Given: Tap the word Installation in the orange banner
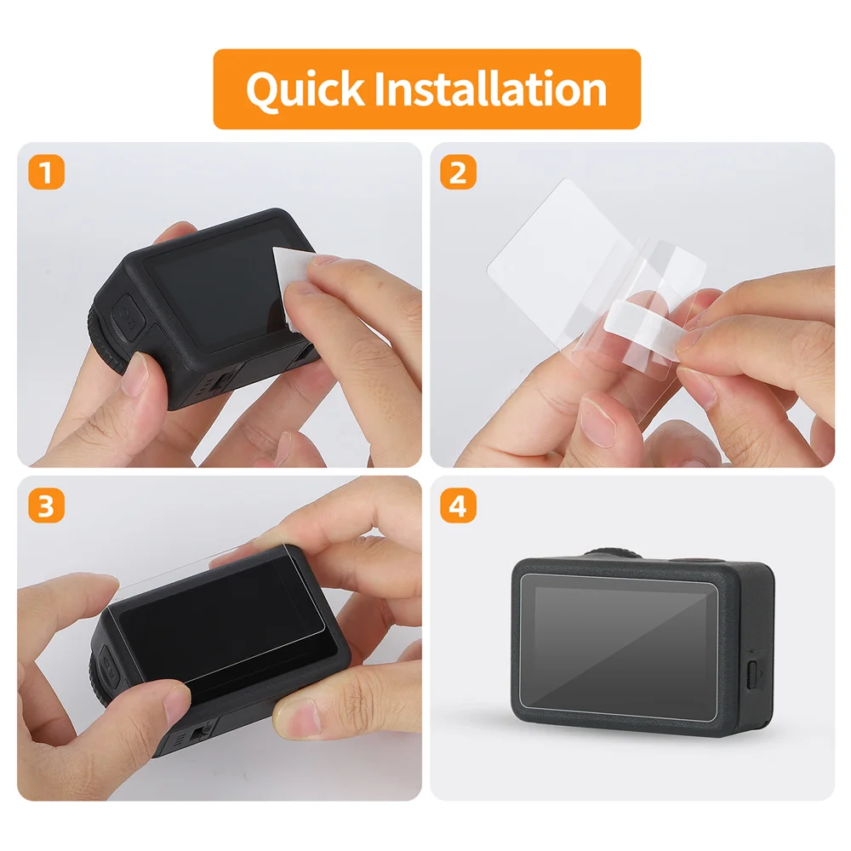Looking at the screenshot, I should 490,89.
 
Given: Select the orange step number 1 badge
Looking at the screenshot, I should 46,173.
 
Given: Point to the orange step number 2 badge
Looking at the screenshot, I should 458,173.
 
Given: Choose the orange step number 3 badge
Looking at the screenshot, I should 46,507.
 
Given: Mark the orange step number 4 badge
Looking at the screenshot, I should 458,507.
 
